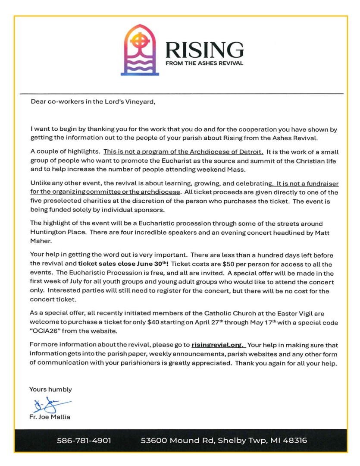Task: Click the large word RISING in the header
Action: (204, 50)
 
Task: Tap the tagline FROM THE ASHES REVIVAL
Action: (204, 63)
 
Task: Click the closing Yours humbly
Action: (50, 389)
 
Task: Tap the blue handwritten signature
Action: (47, 405)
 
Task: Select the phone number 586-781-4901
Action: (84, 441)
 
